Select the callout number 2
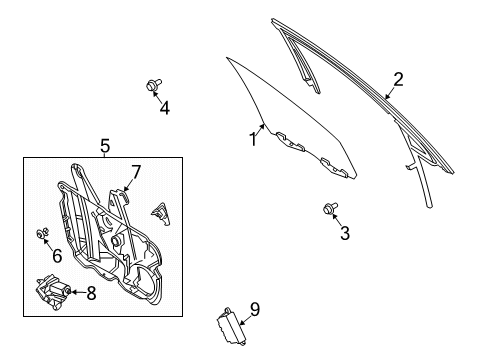coord(397,79)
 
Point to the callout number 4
coord(164,108)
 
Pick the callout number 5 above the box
coord(105,147)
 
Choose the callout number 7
coord(136,172)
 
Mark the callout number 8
coord(92,293)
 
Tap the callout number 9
coord(254,309)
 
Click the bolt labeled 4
coord(153,86)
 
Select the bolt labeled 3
coord(328,209)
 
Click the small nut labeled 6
coord(43,234)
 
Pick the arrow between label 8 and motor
coord(76,292)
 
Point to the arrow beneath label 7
coord(128,185)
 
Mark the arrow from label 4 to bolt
coord(158,97)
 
